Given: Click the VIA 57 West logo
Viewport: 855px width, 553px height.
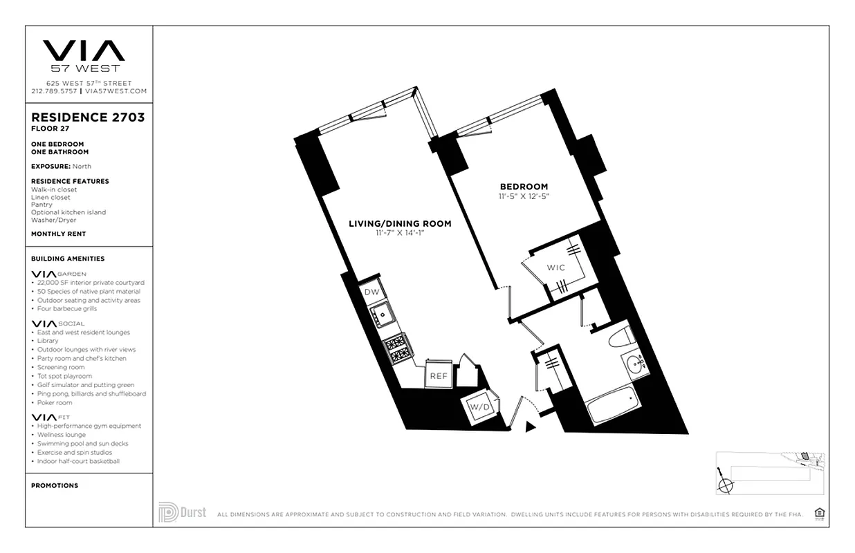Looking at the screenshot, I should coord(84,55).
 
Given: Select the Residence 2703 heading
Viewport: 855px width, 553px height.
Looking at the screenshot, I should coord(88,118).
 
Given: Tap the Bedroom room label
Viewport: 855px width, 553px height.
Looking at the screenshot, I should coord(524,187).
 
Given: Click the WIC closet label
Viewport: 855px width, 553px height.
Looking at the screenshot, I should coord(555,268).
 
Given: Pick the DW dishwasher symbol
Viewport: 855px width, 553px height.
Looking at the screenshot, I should coord(371,292).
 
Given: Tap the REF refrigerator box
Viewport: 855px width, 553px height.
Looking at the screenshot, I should coord(438,376).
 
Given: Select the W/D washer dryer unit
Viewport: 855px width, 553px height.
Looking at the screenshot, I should coord(479,406).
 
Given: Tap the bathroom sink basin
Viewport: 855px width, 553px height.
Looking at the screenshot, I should coord(634,365).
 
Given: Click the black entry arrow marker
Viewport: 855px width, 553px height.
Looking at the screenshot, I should coord(531,427).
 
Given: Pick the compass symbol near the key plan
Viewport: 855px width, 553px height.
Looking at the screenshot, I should coord(725,485).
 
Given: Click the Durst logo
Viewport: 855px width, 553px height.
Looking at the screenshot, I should coord(182,513).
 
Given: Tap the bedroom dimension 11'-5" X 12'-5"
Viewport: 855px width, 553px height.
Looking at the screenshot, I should coord(524,196).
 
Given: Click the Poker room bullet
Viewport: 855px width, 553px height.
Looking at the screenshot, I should coord(55,402).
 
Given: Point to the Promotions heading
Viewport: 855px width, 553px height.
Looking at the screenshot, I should coord(55,485).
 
